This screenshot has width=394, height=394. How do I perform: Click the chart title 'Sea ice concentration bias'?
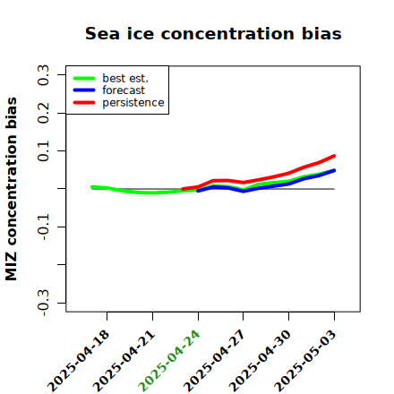(x=213, y=33)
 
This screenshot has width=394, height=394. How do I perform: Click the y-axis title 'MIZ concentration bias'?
(x=12, y=189)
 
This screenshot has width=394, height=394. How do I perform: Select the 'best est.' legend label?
(x=125, y=78)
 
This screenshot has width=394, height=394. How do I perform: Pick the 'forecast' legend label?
(x=124, y=90)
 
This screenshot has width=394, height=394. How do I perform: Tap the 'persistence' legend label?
(x=133, y=103)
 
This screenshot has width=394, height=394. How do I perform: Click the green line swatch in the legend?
(x=84, y=78)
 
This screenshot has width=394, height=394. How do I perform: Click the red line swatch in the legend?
(x=84, y=103)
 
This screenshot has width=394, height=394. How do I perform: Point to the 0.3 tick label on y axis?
(x=43, y=75)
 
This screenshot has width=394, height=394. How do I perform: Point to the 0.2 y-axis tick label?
(x=43, y=113)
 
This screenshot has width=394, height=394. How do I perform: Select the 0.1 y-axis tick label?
(x=43, y=151)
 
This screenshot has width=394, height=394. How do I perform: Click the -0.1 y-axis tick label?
(x=43, y=227)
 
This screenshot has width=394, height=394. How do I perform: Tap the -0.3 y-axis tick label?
(x=43, y=303)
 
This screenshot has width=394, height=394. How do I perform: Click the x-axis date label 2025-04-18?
(x=79, y=361)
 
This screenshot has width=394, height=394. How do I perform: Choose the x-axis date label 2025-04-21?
(x=124, y=361)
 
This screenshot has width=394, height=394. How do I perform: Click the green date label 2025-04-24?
(x=169, y=361)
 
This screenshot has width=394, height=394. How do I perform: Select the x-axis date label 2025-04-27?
(x=215, y=361)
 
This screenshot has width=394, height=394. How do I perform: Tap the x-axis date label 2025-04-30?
(x=261, y=361)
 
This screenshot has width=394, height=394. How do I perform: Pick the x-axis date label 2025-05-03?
(x=305, y=361)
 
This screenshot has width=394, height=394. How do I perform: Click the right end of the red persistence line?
(x=334, y=156)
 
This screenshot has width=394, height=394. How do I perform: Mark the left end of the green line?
(x=92, y=187)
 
